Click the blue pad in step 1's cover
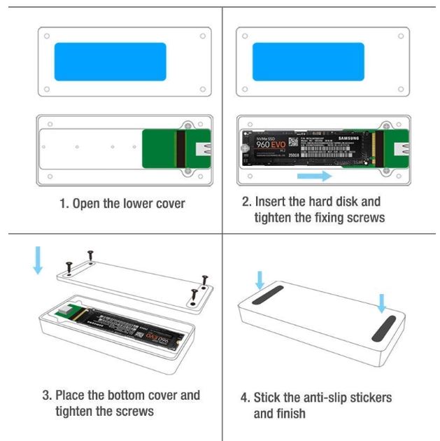click(x=110, y=62)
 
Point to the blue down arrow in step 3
click(x=38, y=259)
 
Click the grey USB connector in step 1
click(x=205, y=148)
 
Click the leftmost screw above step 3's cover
click(x=69, y=267)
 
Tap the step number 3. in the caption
click(x=45, y=395)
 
